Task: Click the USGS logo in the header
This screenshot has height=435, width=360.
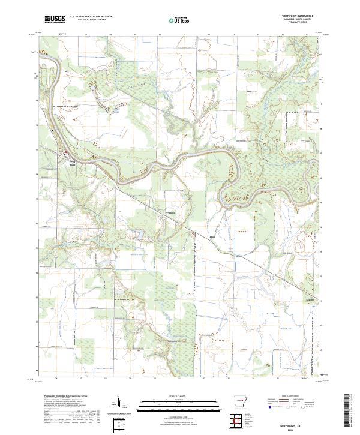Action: coord(55,19)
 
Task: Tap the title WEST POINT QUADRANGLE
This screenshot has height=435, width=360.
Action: coord(296,16)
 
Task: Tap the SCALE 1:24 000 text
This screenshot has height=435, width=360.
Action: coord(179,395)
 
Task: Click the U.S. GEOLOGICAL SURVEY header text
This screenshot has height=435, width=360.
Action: coord(86,20)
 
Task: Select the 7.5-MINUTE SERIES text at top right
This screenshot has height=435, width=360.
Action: coord(296,23)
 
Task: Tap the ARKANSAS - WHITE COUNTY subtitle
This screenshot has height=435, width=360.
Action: coord(296,20)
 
